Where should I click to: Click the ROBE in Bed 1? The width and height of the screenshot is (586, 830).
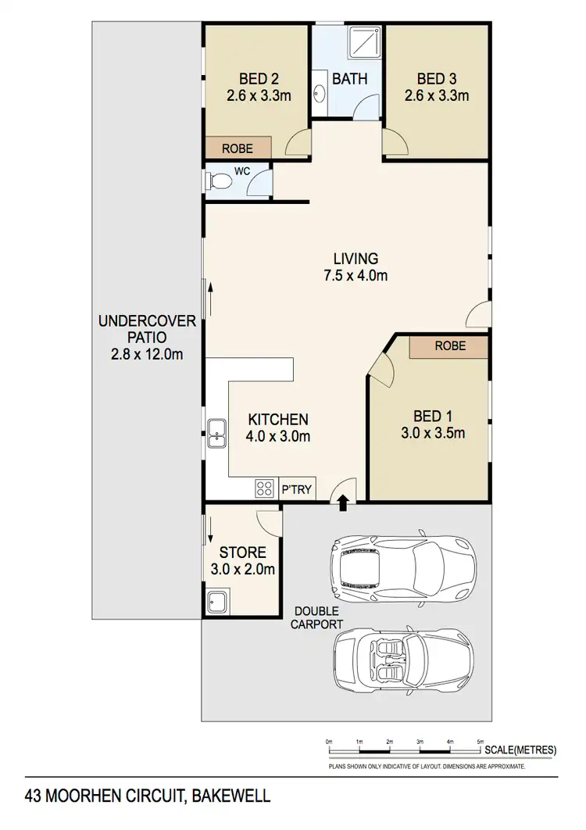[450, 345]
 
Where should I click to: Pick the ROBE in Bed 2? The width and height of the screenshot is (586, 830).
[238, 147]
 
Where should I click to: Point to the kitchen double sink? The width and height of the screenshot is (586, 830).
[216, 432]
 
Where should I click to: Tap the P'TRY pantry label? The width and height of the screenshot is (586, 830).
[297, 490]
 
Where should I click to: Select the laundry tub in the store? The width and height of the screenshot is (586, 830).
[216, 603]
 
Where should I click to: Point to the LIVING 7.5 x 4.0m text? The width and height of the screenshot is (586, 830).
[356, 267]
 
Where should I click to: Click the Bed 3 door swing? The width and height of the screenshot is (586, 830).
[395, 142]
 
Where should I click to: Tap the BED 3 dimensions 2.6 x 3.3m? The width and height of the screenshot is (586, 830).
[436, 96]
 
